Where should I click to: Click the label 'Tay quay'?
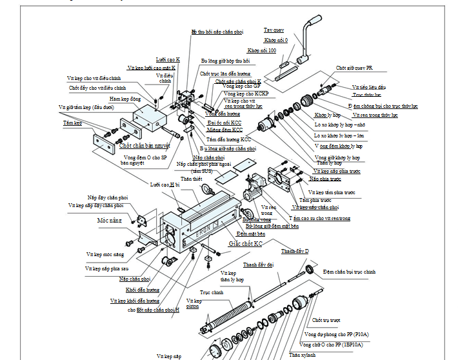pos(275,30)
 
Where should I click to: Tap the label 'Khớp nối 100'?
pos(262,50)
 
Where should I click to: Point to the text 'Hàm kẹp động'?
pos(124,99)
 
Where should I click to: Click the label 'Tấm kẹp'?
pos(72,122)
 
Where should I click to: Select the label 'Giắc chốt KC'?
pos(246,245)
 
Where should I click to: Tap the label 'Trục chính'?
pos(210,292)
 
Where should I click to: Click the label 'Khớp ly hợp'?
pos(328,114)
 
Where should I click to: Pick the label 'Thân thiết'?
pos(186,178)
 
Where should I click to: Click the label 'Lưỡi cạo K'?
pos(168,59)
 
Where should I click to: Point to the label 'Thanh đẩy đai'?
pos(258,265)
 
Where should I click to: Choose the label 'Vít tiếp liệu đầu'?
pos(369,86)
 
